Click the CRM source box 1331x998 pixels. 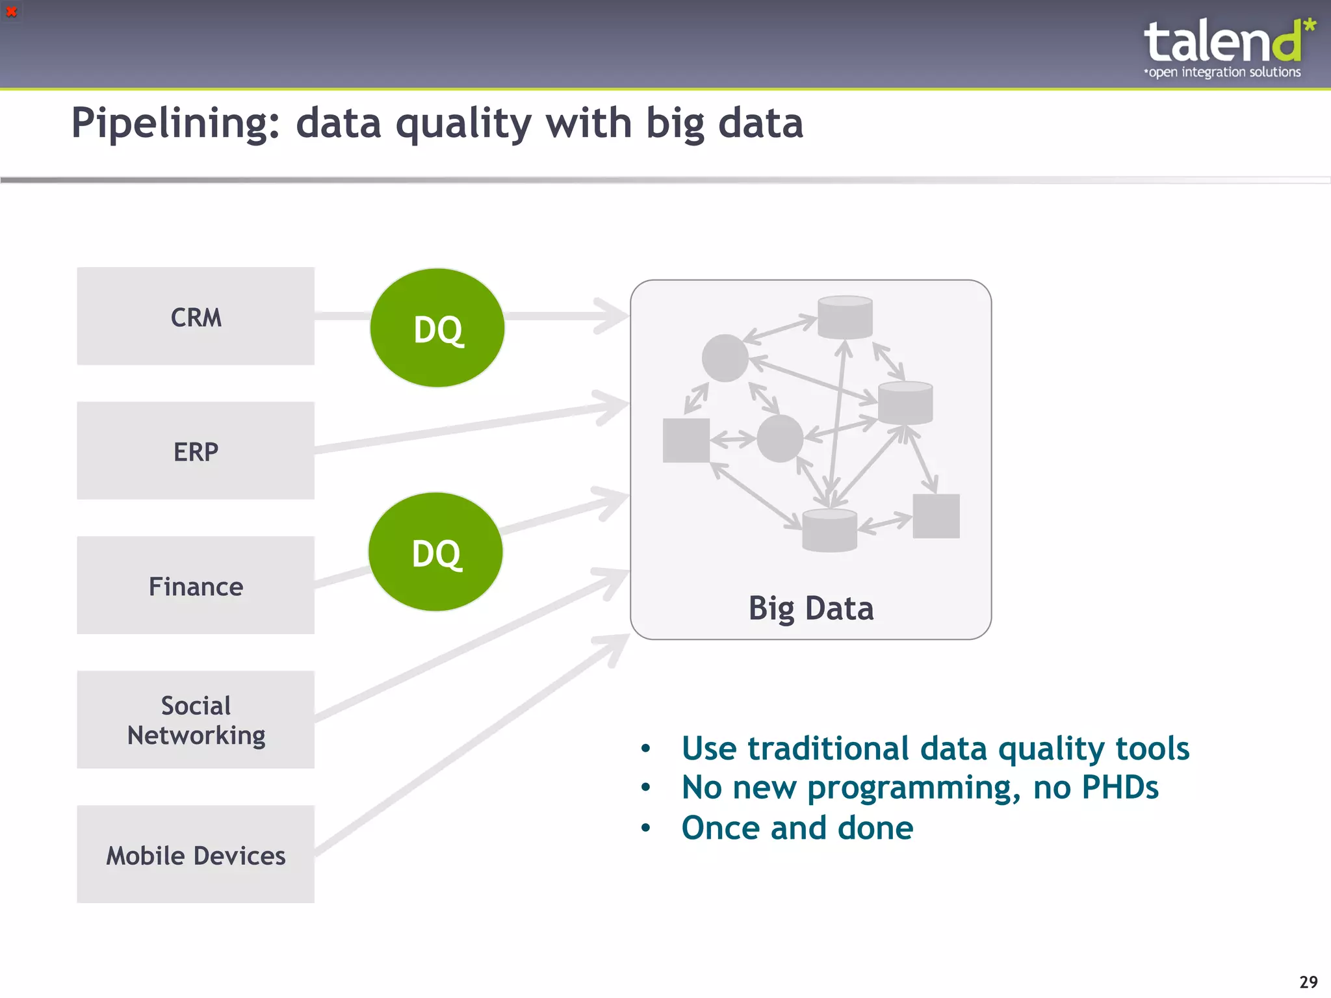click(x=195, y=316)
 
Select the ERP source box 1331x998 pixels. click(x=195, y=451)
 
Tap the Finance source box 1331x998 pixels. click(x=195, y=585)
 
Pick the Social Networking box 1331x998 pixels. click(x=195, y=720)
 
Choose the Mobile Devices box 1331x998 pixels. click(x=195, y=854)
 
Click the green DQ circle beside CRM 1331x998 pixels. click(x=437, y=328)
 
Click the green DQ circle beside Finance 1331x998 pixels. click(x=435, y=552)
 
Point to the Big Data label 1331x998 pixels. click(x=810, y=609)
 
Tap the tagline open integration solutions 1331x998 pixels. click(x=1224, y=72)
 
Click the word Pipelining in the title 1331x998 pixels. click(x=175, y=123)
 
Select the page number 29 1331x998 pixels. click(x=1308, y=981)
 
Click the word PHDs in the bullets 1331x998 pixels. click(x=1119, y=787)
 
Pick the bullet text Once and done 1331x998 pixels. click(x=797, y=828)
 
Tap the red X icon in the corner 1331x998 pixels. click(x=11, y=11)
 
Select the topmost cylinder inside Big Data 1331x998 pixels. click(x=845, y=317)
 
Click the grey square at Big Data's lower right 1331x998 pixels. click(x=936, y=516)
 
